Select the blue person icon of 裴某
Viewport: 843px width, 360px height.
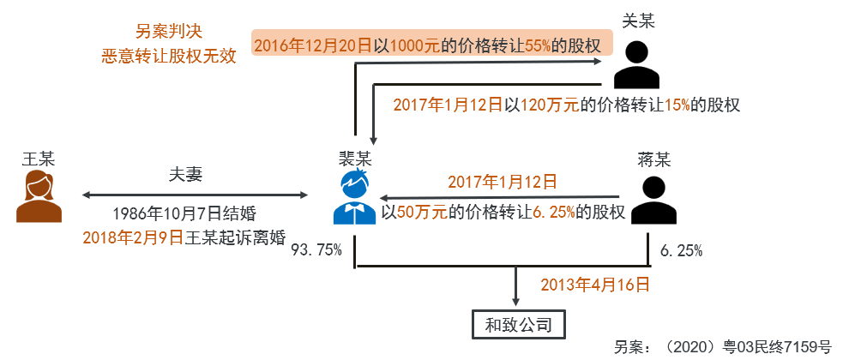pyautogui.click(x=355, y=198)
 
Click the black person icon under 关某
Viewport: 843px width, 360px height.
pyautogui.click(x=636, y=64)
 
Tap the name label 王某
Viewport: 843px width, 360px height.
pyautogui.click(x=39, y=159)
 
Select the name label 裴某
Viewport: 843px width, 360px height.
pyautogui.click(x=355, y=158)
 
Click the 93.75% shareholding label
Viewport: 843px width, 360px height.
pyautogui.click(x=316, y=250)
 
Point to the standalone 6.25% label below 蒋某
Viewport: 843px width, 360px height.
pyautogui.click(x=681, y=250)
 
